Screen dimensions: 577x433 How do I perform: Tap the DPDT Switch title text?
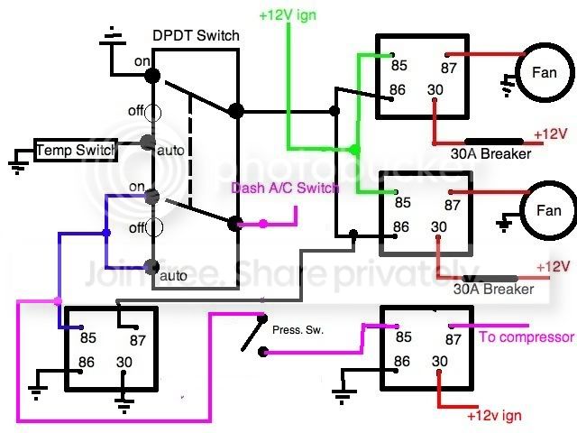(196, 35)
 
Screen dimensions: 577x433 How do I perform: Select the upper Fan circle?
(544, 72)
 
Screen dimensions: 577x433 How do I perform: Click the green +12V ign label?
(288, 15)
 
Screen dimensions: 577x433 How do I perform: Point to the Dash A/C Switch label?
(285, 188)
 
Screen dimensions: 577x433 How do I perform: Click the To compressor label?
(527, 336)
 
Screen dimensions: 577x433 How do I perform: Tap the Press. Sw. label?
(298, 330)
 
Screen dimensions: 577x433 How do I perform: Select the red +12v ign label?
(494, 416)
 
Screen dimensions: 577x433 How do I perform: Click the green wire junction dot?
(354, 150)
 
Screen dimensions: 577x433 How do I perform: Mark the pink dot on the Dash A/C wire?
(263, 224)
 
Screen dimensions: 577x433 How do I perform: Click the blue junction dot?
(106, 233)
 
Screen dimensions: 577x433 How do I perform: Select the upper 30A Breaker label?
(490, 153)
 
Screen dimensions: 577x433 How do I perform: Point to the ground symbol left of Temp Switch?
(17, 166)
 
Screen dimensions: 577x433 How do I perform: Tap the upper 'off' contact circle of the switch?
(152, 113)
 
